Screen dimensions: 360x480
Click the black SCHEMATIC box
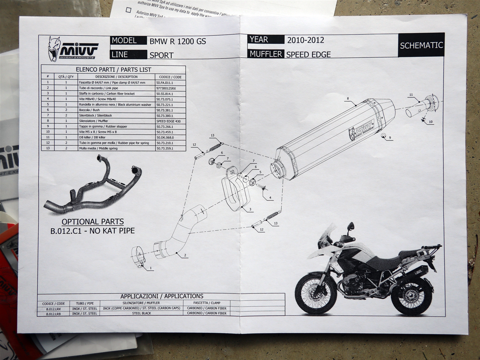tap(421, 45)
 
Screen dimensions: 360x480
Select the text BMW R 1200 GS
tap(178, 41)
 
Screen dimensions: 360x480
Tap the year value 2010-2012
tap(305, 40)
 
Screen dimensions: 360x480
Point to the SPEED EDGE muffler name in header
tap(308, 55)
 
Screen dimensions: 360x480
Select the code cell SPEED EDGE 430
tap(168, 121)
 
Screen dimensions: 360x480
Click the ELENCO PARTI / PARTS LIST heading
tap(113, 70)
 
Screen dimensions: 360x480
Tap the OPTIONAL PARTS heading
tap(93, 222)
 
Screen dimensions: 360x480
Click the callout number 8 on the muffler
tap(348, 98)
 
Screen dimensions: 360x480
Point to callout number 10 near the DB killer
tap(430, 122)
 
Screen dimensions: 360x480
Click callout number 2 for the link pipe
tap(185, 256)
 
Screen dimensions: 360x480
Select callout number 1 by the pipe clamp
tap(150, 268)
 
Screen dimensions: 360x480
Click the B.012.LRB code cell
tap(53, 313)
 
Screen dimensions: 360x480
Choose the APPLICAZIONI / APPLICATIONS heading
tap(162, 296)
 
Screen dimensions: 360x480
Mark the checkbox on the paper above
tap(128, 10)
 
